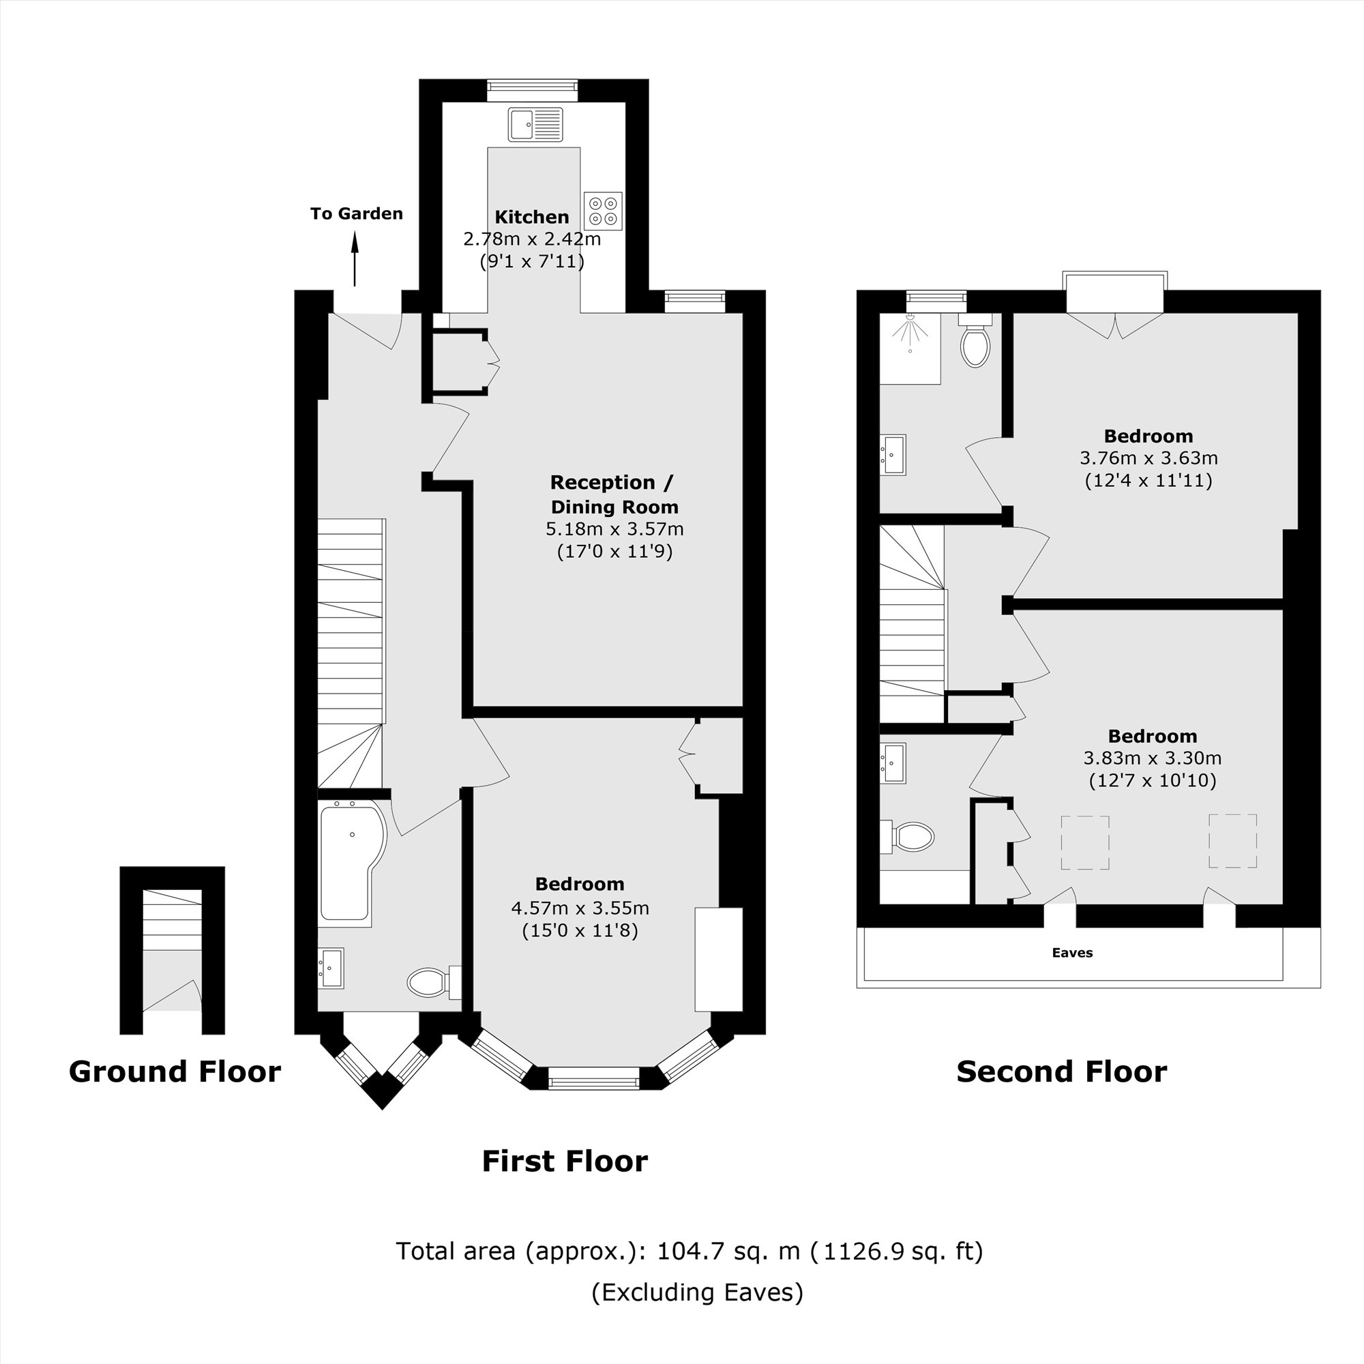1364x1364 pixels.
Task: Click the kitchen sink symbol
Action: (x=535, y=124)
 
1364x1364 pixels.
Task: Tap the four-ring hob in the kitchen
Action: (x=603, y=210)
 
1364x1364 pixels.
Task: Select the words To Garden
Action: (x=357, y=213)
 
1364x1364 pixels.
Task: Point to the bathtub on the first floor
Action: (x=349, y=863)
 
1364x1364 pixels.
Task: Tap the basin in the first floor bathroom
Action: (x=330, y=968)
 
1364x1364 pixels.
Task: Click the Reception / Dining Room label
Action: (x=613, y=494)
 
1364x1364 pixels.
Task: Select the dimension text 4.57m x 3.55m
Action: (x=580, y=908)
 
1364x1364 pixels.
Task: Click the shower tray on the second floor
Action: (x=909, y=349)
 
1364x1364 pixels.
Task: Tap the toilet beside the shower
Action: (x=975, y=343)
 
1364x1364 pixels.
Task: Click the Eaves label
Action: (x=1071, y=953)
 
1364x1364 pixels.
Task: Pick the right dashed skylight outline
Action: (x=1232, y=841)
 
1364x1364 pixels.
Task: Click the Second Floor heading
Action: (x=1061, y=1071)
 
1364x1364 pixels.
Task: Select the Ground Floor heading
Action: (x=175, y=1071)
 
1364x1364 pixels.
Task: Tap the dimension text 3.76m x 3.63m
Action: (x=1148, y=458)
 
